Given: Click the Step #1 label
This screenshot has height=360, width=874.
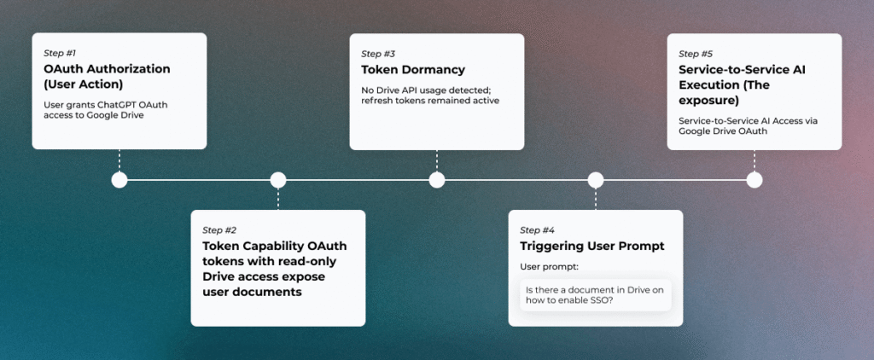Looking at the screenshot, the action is tap(60, 54).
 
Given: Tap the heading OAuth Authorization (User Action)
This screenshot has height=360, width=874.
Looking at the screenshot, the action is tap(107, 77).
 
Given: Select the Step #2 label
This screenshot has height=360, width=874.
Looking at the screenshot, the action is tap(219, 230).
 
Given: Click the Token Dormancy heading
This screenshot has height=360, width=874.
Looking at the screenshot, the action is tap(413, 70).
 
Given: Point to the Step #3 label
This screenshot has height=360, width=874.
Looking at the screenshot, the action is tap(378, 54).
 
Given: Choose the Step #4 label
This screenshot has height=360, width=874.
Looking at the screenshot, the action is tap(538, 230).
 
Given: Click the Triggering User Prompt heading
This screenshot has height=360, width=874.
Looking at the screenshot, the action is tap(592, 247).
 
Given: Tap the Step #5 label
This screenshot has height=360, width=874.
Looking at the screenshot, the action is tap(696, 54).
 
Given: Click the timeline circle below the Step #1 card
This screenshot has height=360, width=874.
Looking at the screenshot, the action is tap(119, 180).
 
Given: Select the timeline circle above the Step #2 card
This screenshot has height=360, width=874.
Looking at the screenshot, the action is tap(278, 180).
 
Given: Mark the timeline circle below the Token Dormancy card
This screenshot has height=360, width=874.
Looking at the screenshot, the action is tap(437, 180).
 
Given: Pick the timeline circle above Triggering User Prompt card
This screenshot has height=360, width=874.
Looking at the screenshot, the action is tap(596, 180).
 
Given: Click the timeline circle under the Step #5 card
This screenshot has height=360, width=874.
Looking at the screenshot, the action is tap(755, 180).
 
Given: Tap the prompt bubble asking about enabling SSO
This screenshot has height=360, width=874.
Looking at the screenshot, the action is tap(595, 295).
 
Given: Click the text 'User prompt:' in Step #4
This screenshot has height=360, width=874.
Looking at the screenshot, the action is tap(549, 267).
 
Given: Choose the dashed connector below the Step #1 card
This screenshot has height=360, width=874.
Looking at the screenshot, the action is tap(119, 160).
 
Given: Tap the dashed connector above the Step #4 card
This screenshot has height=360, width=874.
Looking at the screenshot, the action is tap(596, 199).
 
